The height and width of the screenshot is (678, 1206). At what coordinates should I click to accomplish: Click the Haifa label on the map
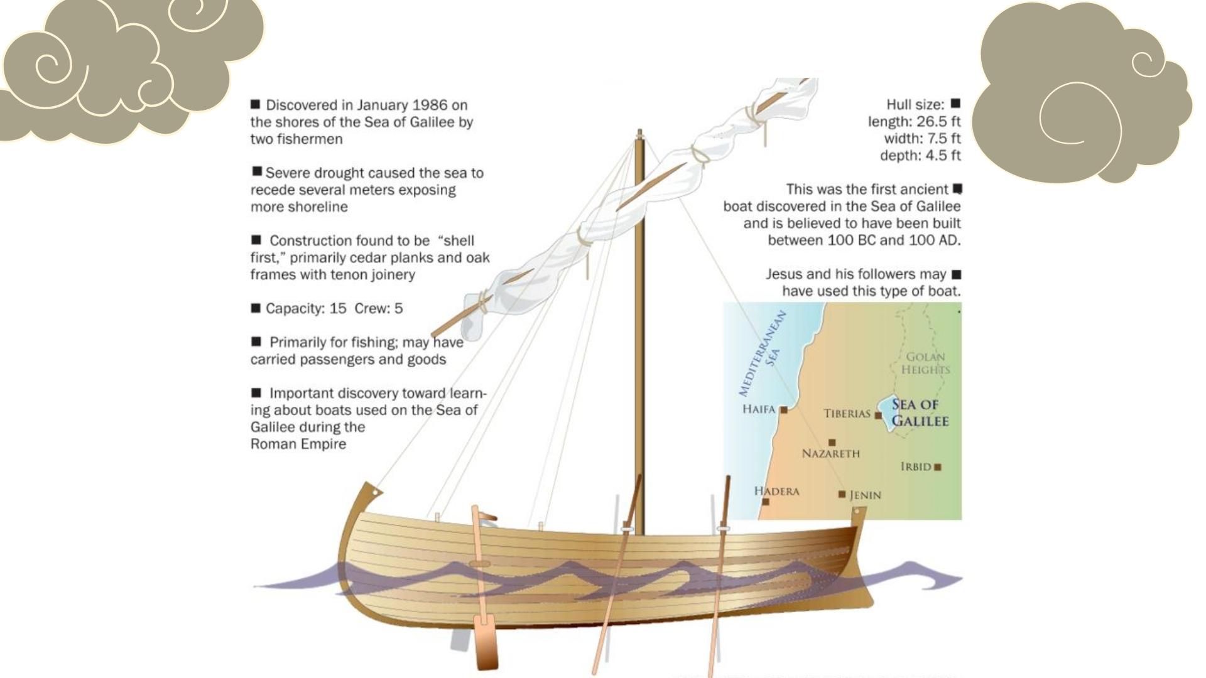(x=759, y=409)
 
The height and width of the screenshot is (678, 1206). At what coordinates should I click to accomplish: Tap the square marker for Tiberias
(x=878, y=415)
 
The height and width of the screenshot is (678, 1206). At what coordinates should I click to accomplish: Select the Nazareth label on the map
(x=830, y=453)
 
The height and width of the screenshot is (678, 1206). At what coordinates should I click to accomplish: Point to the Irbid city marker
(x=938, y=467)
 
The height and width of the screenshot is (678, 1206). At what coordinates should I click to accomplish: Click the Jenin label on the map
(x=865, y=495)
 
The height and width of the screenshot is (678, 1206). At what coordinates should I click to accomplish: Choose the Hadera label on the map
(x=776, y=491)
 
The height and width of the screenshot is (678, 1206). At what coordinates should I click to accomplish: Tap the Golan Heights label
(x=925, y=363)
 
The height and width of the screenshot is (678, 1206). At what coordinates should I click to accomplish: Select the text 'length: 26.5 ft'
(x=914, y=121)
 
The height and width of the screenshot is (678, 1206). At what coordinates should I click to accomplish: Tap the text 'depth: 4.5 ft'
(x=920, y=155)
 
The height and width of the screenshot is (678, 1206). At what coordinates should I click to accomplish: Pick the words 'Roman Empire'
(x=298, y=444)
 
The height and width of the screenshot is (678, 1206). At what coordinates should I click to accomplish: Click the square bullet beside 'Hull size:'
(x=955, y=103)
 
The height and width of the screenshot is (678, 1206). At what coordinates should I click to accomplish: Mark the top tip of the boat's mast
(x=639, y=132)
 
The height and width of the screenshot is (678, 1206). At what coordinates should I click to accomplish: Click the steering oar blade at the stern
(x=485, y=643)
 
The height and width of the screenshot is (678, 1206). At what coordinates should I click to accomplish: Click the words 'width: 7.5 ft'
(x=922, y=138)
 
